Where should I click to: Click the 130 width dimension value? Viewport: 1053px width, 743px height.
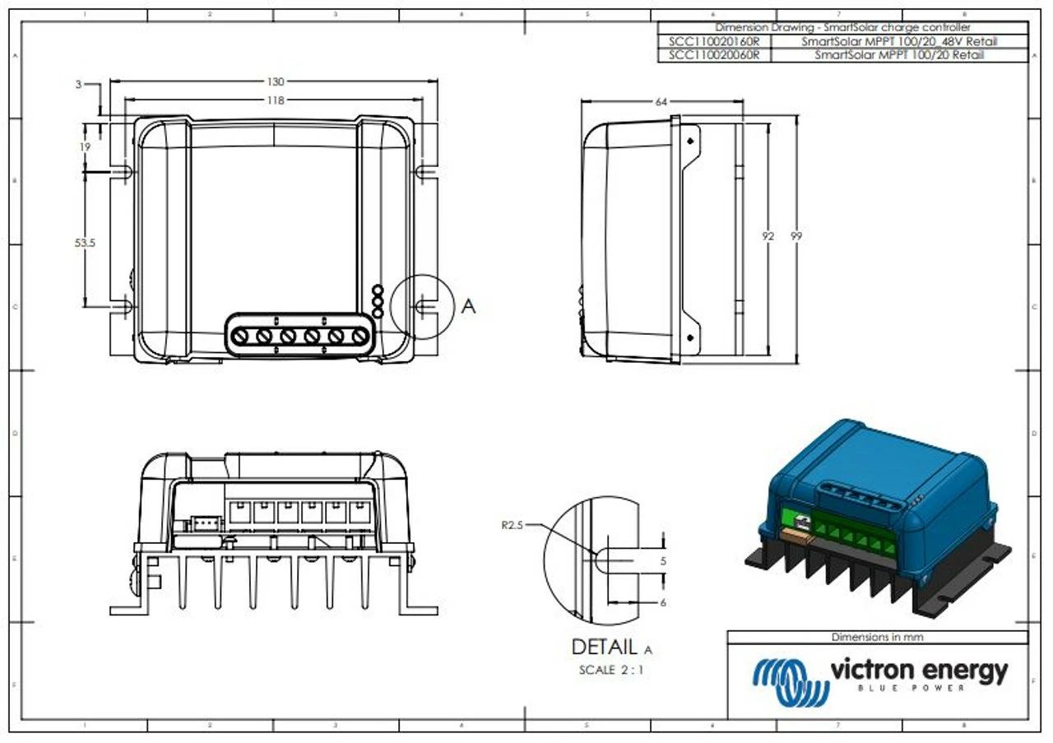click(276, 81)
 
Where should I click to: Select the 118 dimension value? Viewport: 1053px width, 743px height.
click(276, 100)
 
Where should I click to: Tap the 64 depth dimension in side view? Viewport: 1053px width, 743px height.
click(661, 102)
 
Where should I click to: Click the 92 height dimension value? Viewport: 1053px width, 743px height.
click(768, 236)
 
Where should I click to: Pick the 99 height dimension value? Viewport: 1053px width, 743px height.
click(796, 236)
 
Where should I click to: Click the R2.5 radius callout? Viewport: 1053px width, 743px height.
click(512, 523)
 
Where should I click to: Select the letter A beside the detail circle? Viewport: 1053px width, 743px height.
click(468, 306)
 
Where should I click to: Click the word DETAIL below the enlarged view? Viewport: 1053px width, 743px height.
click(604, 648)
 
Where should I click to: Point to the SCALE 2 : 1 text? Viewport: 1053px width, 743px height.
click(610, 670)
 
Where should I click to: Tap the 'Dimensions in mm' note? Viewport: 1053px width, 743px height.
click(877, 637)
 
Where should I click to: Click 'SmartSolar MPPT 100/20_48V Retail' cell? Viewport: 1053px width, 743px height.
click(899, 41)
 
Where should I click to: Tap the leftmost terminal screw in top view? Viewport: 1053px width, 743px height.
click(241, 336)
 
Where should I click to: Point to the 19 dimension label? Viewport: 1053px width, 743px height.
click(85, 146)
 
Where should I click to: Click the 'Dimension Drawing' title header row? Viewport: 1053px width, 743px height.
click(842, 27)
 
